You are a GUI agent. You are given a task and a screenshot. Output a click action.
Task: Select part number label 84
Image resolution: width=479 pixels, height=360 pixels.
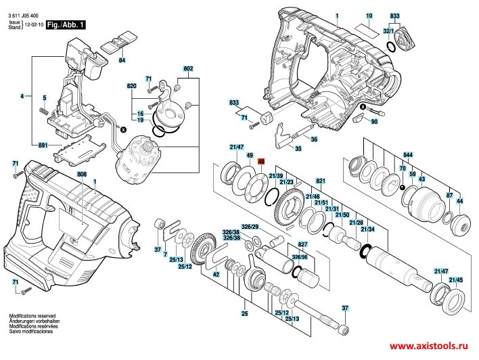coord(122,62)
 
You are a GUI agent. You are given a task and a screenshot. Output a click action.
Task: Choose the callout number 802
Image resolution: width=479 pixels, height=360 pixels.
coord(188,68)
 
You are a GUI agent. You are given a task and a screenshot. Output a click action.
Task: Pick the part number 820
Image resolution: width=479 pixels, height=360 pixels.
coord(133,87)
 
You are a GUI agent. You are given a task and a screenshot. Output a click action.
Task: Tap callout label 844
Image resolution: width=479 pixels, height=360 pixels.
coord(408,154)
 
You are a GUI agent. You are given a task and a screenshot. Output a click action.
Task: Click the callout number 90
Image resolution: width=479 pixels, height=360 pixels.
coord(373,121)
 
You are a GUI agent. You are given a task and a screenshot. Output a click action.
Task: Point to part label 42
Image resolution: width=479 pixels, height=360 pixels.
coord(216,275)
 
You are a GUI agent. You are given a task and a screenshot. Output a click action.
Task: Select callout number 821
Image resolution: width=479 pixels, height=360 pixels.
coord(321,181)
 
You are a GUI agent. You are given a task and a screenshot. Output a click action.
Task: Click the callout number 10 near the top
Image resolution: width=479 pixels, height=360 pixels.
coord(369,15)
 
